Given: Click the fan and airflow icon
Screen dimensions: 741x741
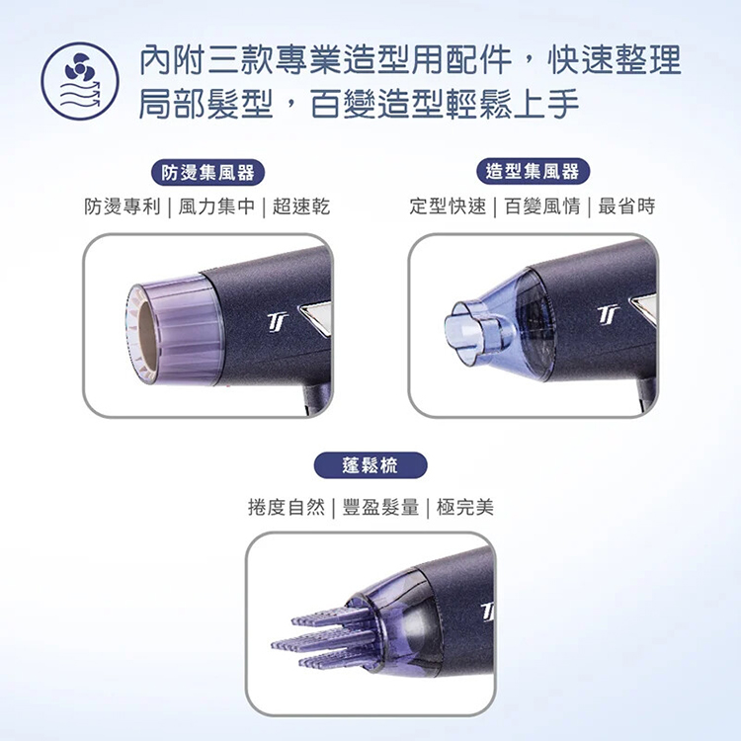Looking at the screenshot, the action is pos(80,81).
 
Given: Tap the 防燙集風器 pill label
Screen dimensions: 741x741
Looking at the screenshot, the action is pos(207,173).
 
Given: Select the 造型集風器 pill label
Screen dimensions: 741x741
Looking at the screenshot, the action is pos(533,171).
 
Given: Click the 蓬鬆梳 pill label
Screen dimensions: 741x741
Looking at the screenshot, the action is pos(370,465).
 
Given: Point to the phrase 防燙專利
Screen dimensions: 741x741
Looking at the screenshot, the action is pos(123,206).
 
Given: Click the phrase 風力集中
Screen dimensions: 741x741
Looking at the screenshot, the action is pos(216,206).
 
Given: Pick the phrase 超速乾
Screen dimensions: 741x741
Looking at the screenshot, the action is pos(301,206).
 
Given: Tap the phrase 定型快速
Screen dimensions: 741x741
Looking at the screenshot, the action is pos(448,206).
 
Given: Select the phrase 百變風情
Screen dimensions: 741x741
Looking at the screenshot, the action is pos(542,206).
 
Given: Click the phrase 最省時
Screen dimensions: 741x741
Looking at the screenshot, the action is pos(626,206).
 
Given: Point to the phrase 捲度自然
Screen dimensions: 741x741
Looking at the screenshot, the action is pos(287,508).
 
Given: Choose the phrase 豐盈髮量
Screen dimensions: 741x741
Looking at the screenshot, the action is pos(381,508).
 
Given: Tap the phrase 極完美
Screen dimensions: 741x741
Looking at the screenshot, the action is pos(465,508).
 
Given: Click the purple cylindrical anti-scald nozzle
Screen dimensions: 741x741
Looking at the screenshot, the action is pos(175,330).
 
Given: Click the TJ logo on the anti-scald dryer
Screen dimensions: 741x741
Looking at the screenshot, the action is pos(278,321).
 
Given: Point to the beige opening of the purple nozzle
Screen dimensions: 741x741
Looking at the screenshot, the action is pos(146,331).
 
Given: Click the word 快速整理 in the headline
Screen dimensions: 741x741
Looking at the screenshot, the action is pos(615,60).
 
